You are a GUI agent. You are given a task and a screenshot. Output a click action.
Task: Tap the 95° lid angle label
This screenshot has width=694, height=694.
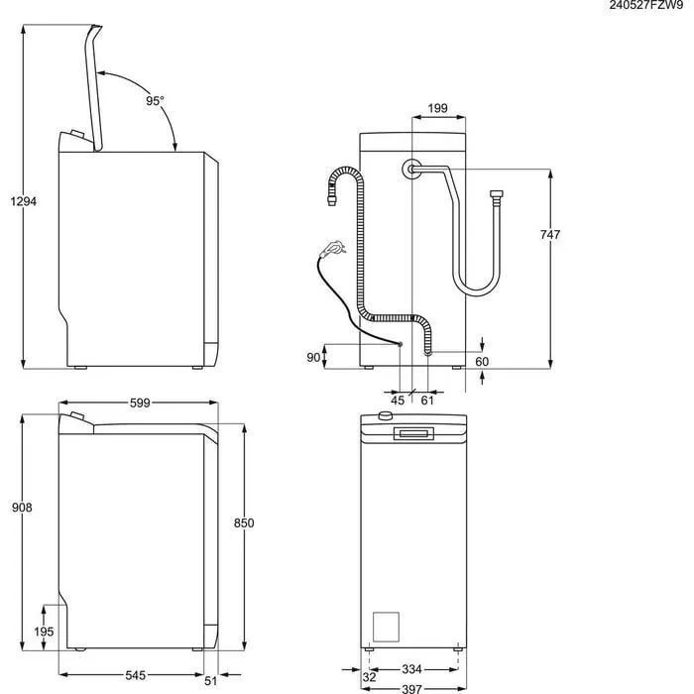point(155,100)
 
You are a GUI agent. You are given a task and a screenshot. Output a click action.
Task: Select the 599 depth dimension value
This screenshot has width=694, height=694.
point(139,404)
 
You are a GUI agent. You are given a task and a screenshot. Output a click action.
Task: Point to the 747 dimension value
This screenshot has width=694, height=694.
point(550,234)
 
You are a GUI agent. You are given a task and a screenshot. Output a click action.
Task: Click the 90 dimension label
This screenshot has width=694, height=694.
point(313,358)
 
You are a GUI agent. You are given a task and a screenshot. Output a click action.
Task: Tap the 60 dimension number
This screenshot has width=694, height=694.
point(482,362)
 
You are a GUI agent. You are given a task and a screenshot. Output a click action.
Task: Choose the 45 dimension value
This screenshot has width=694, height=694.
point(398,401)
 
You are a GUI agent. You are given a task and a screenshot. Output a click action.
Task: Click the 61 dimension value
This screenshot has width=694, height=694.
point(427,401)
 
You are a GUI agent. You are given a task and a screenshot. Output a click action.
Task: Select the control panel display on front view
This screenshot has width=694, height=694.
point(413,433)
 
